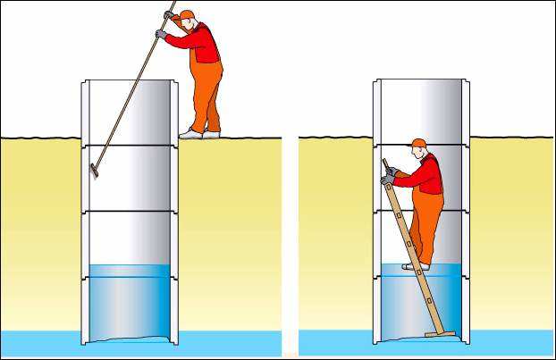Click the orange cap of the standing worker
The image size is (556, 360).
coord(187,15)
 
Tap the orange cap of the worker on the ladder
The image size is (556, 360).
coord(418,143)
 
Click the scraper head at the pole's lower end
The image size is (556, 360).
coord(94,170)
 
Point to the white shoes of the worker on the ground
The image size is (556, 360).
coord(198,134)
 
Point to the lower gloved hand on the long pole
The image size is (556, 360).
coord(161,34)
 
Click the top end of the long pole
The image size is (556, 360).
coord(173,3)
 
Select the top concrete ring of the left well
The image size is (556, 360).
coord(130,112)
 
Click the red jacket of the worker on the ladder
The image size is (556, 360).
coord(428,174)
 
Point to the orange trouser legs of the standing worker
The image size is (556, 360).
coord(206,98)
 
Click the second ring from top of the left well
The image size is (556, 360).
coord(130,178)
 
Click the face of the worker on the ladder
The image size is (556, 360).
coord(414,153)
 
